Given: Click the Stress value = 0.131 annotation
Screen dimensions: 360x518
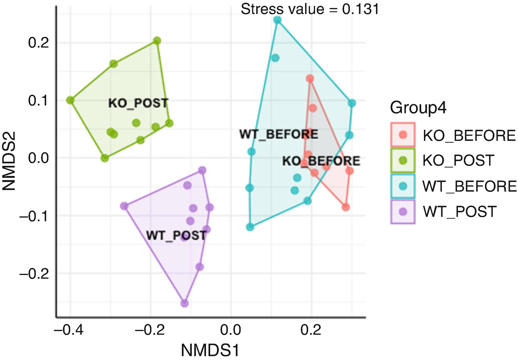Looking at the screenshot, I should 310,9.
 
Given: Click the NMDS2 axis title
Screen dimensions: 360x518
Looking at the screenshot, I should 11,158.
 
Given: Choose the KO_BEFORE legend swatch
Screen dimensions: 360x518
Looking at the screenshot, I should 403,135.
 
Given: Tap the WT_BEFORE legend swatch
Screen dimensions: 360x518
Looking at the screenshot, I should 403,186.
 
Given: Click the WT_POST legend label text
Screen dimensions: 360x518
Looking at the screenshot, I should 460,212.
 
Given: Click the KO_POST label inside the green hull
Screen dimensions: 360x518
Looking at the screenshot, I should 138,102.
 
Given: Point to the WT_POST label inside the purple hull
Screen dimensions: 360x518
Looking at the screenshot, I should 176,235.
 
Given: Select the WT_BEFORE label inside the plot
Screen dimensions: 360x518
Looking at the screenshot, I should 278,135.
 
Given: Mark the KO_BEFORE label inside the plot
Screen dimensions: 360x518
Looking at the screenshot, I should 321,161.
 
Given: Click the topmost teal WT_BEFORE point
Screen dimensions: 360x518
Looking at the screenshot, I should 278,20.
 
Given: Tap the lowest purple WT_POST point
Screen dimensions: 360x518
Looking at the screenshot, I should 184,303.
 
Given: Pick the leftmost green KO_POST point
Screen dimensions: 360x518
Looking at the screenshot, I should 70,100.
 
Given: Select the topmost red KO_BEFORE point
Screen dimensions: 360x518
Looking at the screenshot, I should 310,79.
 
